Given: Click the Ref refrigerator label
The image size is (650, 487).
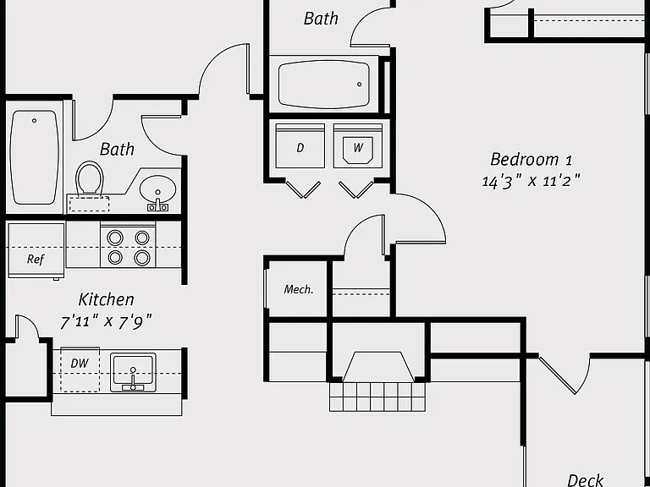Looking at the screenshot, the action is point(36,260).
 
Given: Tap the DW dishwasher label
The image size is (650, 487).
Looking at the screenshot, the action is point(80,364).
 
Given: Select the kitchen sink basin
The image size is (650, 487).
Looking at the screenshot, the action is point(133,372).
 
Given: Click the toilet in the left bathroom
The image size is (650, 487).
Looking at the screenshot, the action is point(89,178).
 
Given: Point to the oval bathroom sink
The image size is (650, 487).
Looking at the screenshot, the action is point(157,189).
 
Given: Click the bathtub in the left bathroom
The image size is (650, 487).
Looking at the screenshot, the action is point(34,157).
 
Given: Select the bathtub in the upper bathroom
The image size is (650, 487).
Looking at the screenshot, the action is point(324,85).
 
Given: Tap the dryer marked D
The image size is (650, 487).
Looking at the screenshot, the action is point(300,145).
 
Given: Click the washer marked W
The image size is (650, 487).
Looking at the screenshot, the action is point(358,145).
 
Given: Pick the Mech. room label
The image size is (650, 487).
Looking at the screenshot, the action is point(299,289).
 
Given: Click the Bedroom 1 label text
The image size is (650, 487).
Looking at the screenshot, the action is point(531,160).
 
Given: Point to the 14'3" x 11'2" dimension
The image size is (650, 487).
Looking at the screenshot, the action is point(531,181).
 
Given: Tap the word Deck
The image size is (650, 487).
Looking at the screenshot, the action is point(585,480).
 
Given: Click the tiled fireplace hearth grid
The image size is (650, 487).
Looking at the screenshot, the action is point(377,397).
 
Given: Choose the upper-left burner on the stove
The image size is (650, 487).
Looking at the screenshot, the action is point(115,238).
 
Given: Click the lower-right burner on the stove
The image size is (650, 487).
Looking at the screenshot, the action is point(142,258).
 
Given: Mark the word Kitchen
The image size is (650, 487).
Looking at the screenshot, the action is point(106,299).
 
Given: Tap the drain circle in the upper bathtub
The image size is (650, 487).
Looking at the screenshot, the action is point(360,85).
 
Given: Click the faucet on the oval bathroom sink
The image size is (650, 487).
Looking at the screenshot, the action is point(158,204).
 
